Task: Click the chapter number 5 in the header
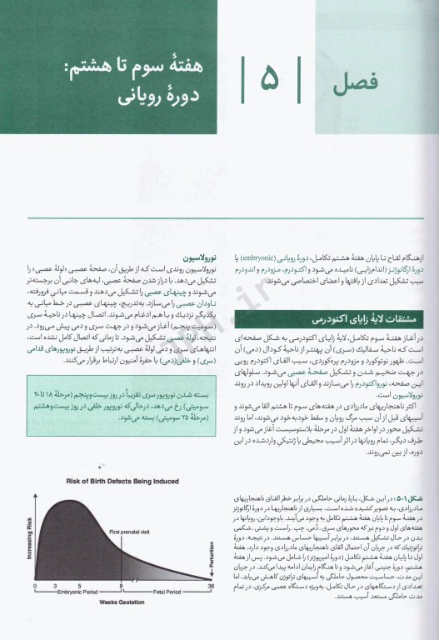click(x=271, y=81)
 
